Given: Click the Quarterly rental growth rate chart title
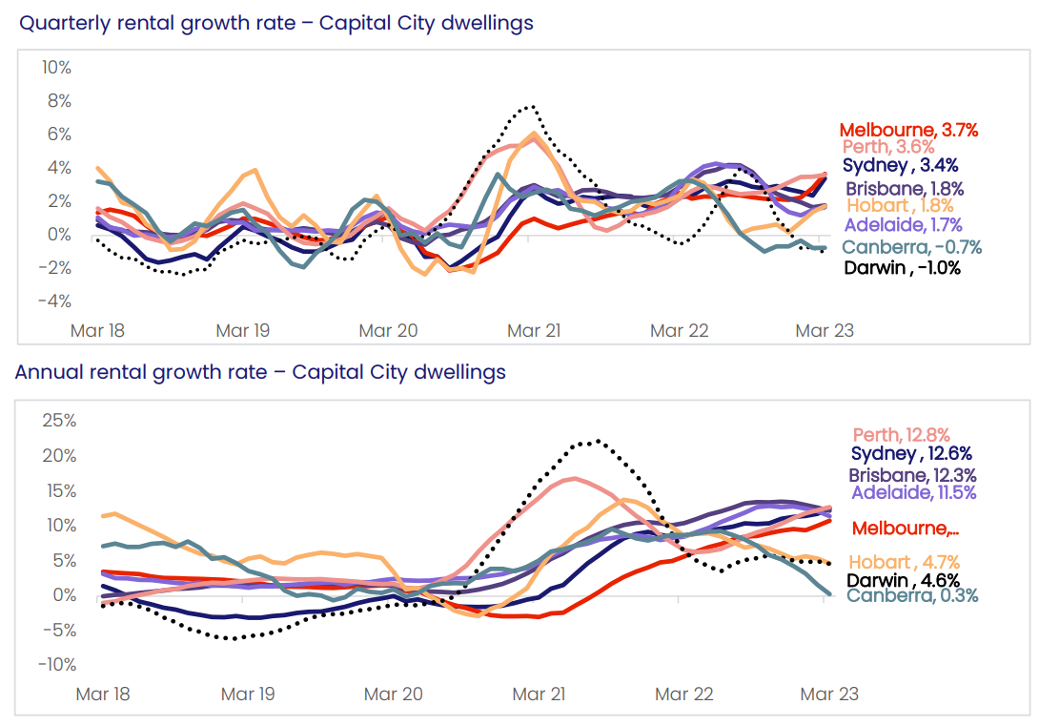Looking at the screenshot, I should coord(276,22).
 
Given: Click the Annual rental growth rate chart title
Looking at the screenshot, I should coord(260,371).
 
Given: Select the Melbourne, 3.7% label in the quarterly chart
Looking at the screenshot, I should coord(908,130).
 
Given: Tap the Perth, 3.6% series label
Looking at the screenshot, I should coord(887,147).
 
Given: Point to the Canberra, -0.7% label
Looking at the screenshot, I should coord(911,248).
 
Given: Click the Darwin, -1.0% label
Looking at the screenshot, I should coord(902,268).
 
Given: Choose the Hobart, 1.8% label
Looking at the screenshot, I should coord(898,206).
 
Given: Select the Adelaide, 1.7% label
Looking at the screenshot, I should coord(903,226).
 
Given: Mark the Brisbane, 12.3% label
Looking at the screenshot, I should coord(912,474).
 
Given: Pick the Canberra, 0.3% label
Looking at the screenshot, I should coord(912,596).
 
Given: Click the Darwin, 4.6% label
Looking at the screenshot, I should coord(903,579).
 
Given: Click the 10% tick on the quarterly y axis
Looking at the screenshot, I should coord(56,67).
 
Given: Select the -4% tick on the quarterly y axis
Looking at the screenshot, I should coord(54,301).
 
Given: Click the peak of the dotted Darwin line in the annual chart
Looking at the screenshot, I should coord(598,441).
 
